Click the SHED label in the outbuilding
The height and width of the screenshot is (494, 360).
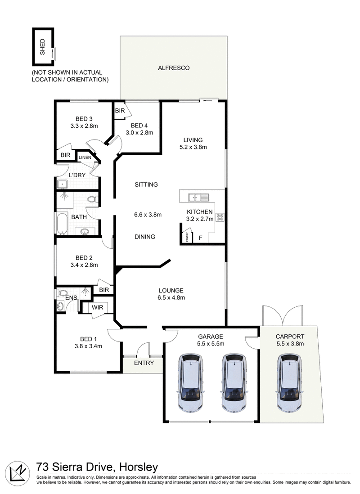[43, 46]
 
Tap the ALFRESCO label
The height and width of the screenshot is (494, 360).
[173, 68]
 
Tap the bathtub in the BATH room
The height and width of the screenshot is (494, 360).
[62, 223]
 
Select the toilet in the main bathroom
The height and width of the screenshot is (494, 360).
[93, 199]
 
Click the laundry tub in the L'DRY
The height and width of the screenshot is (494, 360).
[62, 184]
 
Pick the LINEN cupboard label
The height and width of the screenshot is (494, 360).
[85, 157]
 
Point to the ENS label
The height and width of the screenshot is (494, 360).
[71, 297]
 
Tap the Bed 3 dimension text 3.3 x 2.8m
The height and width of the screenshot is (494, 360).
[84, 126]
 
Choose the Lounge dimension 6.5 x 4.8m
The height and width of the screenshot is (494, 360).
[171, 297]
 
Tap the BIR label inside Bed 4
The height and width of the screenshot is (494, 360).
[120, 110]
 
